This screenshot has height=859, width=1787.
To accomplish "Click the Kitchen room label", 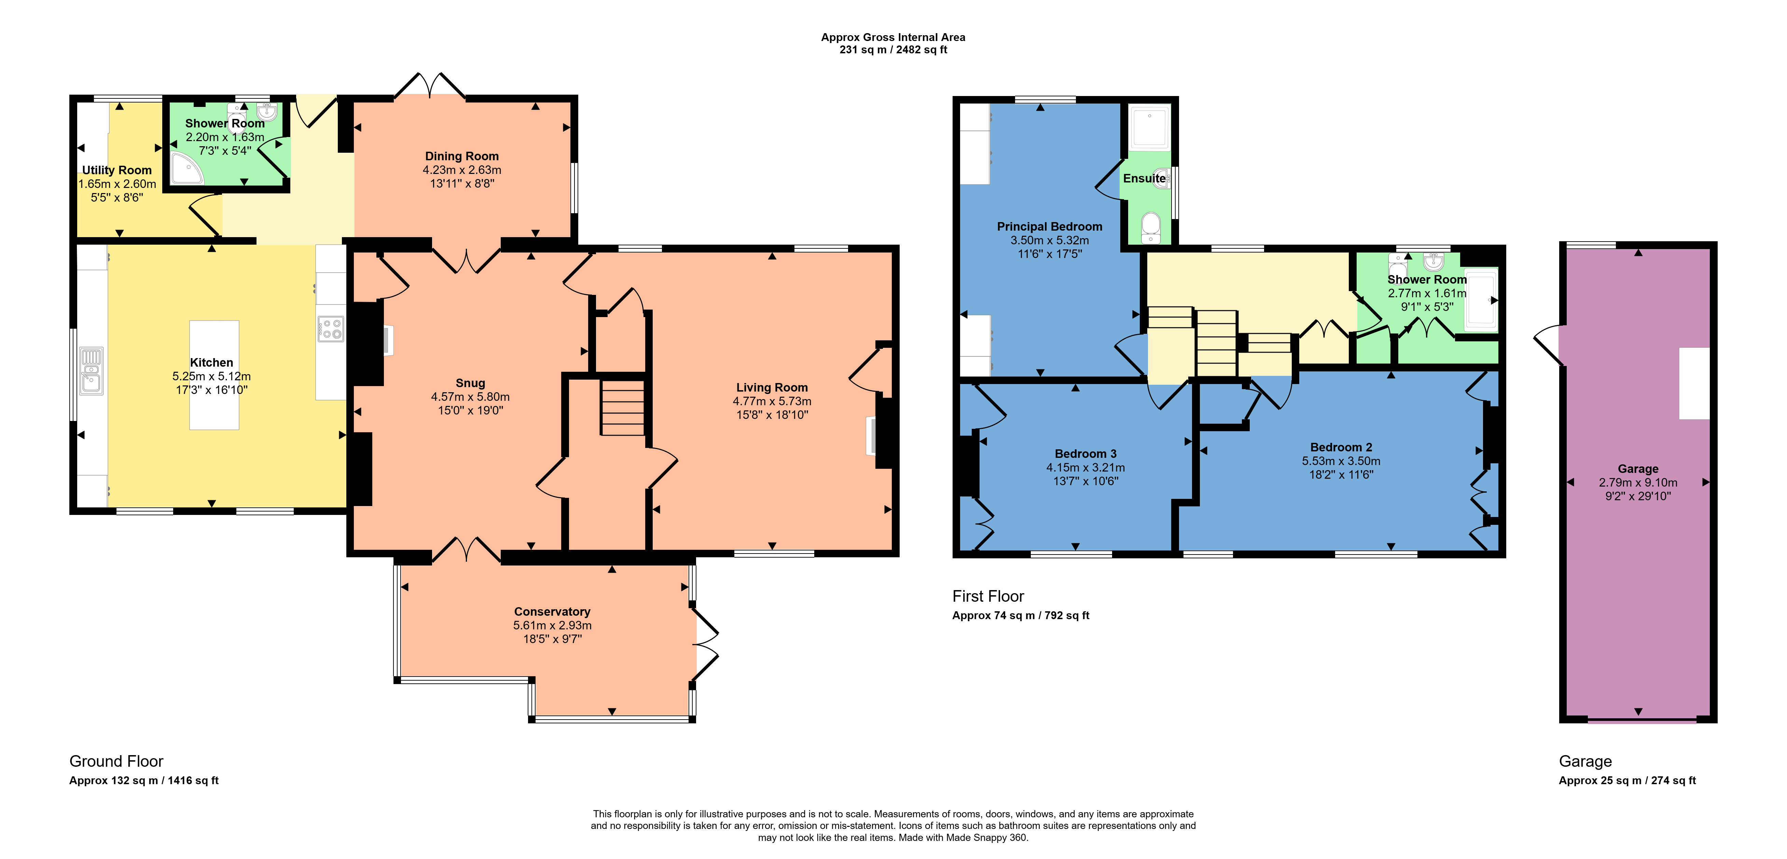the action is coord(211,362).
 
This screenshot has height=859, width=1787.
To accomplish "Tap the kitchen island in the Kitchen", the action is coord(214,375).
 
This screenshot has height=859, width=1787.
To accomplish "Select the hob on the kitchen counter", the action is coord(331,329).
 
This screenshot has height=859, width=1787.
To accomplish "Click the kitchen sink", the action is coord(91,370).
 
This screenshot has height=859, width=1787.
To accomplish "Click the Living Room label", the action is coord(772,387).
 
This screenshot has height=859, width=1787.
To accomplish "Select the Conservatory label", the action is coord(552,611).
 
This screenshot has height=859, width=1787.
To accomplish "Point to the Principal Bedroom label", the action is coord(1050,226).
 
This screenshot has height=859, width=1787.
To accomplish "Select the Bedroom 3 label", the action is coord(1086,454).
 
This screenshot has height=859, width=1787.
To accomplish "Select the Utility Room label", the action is coord(116,170).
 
